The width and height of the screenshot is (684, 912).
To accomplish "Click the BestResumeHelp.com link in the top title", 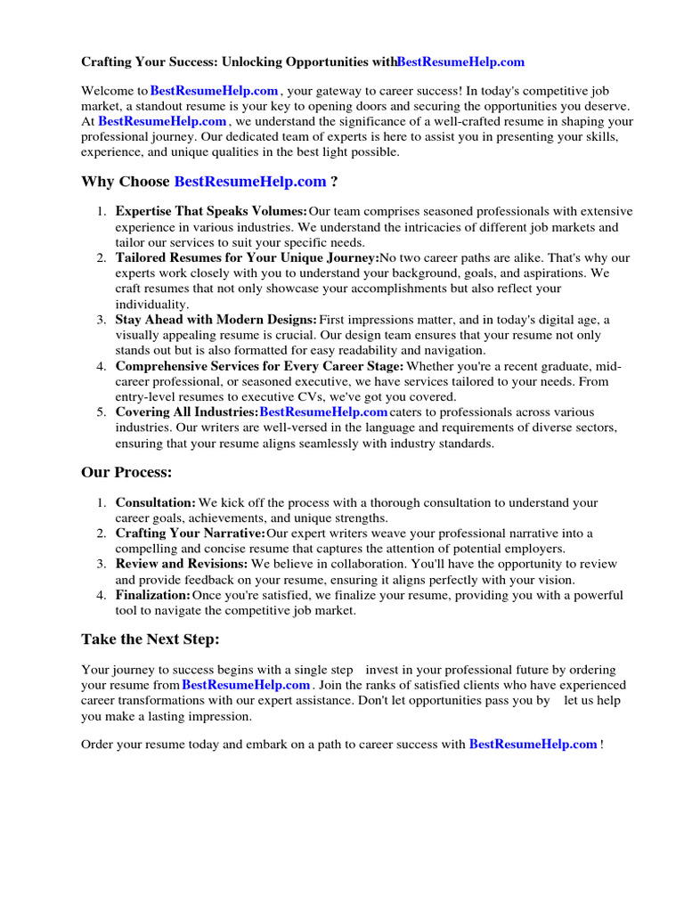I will [460, 62].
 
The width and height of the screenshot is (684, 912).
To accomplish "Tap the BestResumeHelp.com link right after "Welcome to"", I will [215, 91].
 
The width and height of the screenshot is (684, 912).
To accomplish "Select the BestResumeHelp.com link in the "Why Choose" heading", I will [250, 182].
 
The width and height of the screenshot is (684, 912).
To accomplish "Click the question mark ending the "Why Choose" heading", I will [334, 182].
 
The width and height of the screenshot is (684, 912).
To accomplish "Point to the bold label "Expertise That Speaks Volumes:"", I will [211, 212].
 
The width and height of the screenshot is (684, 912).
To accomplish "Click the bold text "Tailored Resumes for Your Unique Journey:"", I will [247, 258].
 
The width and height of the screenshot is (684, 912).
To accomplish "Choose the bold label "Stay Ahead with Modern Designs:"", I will [216, 320].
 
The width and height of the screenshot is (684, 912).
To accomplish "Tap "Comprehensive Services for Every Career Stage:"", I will [259, 366].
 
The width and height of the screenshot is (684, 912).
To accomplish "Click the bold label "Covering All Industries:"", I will [186, 412].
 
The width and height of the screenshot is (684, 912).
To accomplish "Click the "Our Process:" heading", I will [126, 472].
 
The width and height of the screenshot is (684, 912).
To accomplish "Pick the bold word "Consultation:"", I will [155, 503].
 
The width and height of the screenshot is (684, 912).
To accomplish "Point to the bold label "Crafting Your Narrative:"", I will [190, 533].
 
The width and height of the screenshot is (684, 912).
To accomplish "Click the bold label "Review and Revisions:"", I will [182, 565].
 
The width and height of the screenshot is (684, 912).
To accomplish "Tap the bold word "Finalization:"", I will [152, 595].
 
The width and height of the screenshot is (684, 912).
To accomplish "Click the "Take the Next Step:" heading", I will [150, 639].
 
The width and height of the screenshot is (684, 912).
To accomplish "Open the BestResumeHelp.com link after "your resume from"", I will [246, 686].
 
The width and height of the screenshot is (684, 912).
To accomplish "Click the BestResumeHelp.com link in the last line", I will [533, 745].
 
